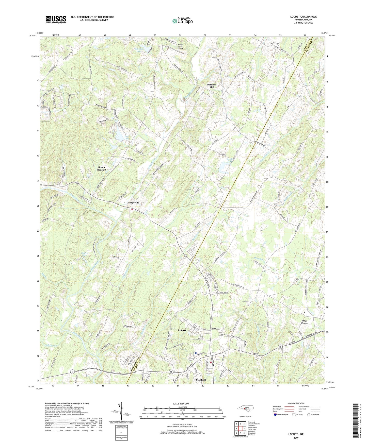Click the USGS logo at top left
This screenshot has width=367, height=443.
pos(56,20)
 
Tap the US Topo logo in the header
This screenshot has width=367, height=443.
pos(182,21)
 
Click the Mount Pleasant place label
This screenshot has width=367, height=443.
pos(101,168)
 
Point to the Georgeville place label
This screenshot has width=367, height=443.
pos(133,203)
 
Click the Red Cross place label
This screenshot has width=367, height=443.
pos(304,322)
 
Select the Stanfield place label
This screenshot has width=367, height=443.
pos(201,380)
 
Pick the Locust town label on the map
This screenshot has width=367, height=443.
pos(182,330)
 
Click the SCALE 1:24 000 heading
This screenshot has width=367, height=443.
pos(182,403)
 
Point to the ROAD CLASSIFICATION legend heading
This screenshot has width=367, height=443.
pos(296,403)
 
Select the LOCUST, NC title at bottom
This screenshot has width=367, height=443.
pos(296,434)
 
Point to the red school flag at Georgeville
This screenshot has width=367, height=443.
pos(132,210)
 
